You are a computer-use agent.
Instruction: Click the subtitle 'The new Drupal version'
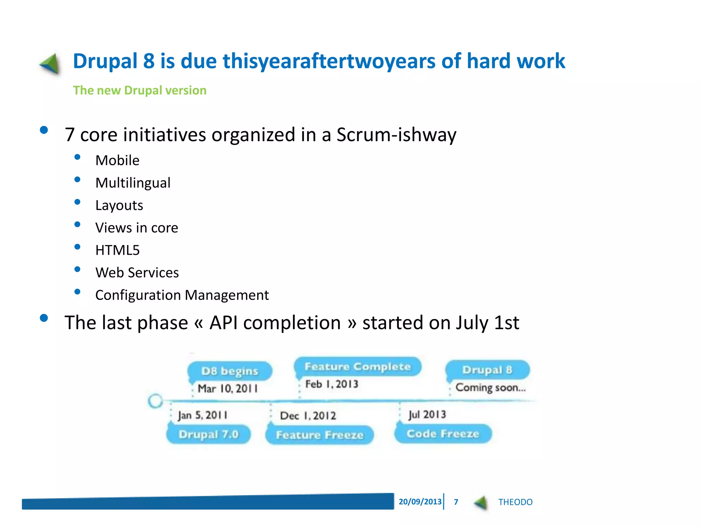140,90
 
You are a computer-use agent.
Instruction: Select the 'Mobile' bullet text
117,161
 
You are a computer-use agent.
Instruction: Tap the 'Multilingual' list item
133,183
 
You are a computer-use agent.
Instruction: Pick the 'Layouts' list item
119,205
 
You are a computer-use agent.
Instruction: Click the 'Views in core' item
137,228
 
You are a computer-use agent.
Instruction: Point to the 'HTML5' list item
117,250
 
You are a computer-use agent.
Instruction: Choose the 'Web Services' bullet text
137,273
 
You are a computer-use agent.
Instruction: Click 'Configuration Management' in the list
182,295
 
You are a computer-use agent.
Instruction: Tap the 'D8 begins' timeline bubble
230,371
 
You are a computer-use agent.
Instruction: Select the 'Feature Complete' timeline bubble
357,367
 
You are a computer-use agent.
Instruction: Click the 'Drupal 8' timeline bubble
487,370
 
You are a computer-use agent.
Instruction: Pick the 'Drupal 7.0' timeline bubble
208,435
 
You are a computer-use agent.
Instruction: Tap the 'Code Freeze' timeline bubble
443,434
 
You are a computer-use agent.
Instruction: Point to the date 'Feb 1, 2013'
332,384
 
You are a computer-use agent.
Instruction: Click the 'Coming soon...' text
490,388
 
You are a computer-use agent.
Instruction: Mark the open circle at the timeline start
155,401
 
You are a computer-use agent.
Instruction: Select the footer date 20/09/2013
420,502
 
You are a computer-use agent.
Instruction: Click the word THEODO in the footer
515,502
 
